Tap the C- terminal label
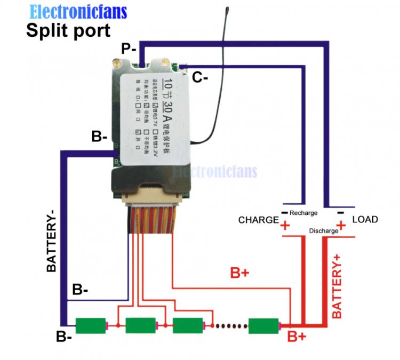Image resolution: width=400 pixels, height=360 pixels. pos(200,78)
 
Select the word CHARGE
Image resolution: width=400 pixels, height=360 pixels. pos(258,220)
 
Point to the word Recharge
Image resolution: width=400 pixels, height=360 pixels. pos(303,213)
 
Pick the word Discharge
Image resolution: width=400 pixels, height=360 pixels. pos(324,231)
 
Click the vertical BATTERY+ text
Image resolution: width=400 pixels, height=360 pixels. pos(338,286)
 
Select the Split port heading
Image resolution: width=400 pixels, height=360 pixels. pos(68,30)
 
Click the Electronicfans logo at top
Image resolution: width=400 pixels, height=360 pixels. pos(78,11)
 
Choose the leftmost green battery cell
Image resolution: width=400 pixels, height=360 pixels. pos(90,325)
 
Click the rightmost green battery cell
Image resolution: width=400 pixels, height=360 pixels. pos(264,325)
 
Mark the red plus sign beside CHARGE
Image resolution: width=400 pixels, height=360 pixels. pos(285,226)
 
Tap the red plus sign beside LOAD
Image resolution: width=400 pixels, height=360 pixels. pos(341,226)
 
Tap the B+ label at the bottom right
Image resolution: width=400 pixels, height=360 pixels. pos(297,337)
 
